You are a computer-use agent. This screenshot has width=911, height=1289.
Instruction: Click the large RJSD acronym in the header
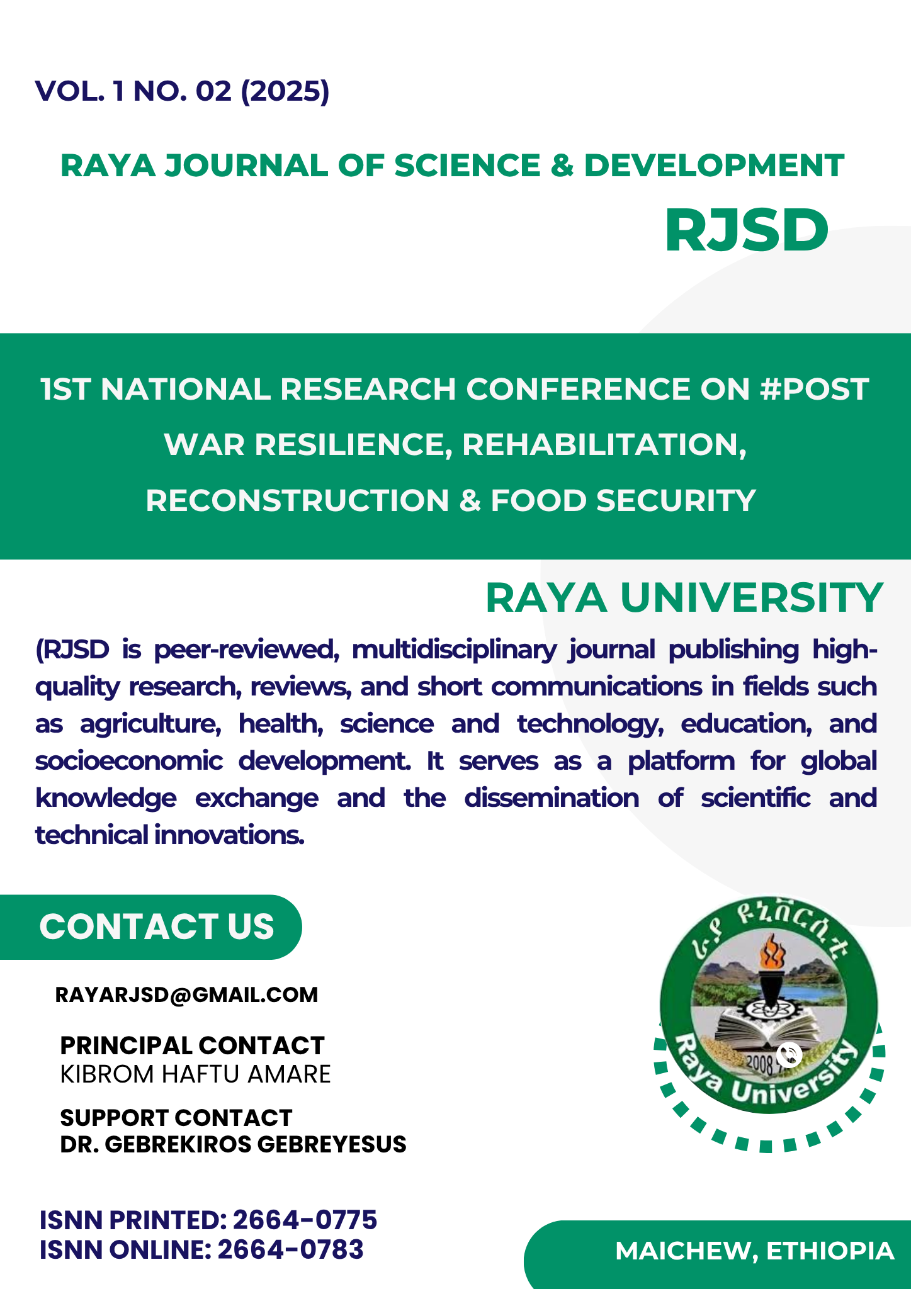click(746, 230)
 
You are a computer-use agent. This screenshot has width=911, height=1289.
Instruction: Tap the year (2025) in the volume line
click(285, 92)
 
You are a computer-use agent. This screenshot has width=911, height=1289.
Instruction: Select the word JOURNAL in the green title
click(246, 166)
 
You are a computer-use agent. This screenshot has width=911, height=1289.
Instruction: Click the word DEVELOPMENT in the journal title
click(714, 166)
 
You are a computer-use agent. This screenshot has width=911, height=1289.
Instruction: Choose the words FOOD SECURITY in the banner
click(623, 501)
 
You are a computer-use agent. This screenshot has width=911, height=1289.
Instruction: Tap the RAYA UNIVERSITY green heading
click(684, 597)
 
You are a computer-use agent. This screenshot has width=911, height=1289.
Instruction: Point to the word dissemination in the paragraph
click(552, 798)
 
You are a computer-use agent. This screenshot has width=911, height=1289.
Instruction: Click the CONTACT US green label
click(157, 926)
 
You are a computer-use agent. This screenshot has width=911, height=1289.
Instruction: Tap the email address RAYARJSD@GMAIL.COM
click(187, 994)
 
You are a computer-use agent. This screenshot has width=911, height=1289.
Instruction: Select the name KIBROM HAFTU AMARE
click(195, 1074)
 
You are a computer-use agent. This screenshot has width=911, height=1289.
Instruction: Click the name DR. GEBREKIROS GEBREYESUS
click(233, 1144)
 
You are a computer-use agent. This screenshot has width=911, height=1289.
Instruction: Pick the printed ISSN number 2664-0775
click(305, 1220)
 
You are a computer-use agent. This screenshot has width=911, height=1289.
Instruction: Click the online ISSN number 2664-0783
click(290, 1250)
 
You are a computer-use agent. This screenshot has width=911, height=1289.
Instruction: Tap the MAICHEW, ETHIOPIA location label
click(755, 1251)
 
